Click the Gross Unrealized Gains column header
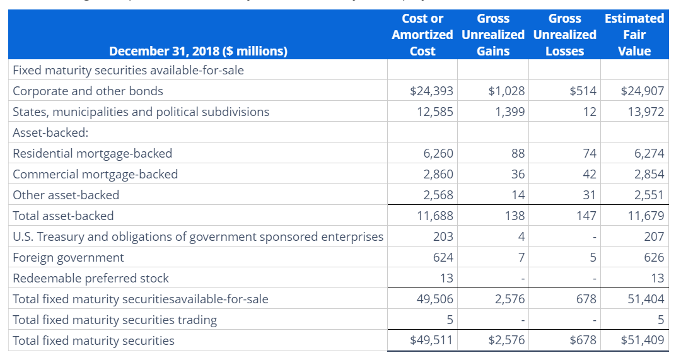[493, 35]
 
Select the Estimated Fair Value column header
[634, 35]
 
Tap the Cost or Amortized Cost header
[422, 35]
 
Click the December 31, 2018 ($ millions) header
[198, 51]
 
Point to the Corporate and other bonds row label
[88, 91]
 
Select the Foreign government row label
[68, 257]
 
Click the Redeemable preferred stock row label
[91, 278]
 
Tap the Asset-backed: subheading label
[50, 132]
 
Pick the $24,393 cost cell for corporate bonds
[431, 91]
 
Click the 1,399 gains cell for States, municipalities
[510, 112]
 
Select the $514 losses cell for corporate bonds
[583, 91]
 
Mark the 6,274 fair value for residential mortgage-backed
[649, 153]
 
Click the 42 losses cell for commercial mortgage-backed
[589, 174]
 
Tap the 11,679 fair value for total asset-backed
[646, 216]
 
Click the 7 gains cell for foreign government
[520, 257]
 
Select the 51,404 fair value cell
[646, 299]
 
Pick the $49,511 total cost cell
[431, 340]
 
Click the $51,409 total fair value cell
[643, 340]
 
